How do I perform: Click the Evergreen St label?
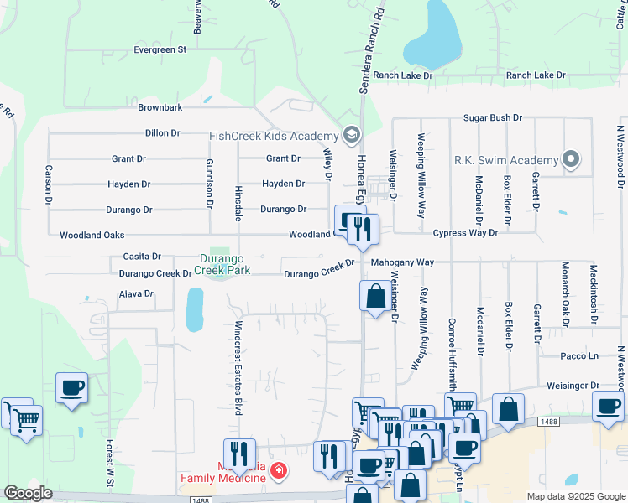click(x=160, y=50)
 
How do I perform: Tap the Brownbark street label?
click(x=160, y=108)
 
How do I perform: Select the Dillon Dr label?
click(x=163, y=133)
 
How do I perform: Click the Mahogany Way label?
click(x=403, y=262)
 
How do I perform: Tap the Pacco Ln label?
click(x=580, y=356)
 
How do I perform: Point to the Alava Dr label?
click(x=136, y=294)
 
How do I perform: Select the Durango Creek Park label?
click(x=223, y=265)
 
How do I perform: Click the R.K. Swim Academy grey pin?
click(x=572, y=158)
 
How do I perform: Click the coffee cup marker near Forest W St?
click(x=71, y=388)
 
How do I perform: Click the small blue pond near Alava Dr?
click(x=194, y=309)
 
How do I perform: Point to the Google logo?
click(x=27, y=493)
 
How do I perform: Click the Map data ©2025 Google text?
click(x=575, y=496)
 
